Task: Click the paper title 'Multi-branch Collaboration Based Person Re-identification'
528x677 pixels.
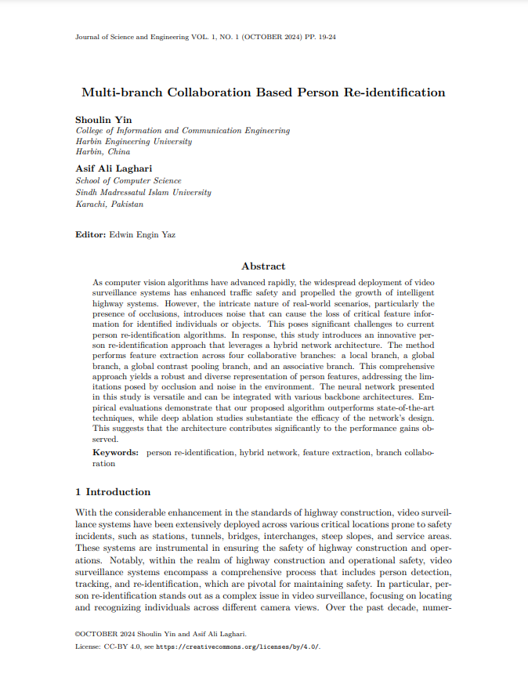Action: coord(263,92)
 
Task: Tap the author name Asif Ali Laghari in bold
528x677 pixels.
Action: coord(114,168)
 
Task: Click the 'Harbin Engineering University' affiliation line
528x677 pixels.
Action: coord(134,142)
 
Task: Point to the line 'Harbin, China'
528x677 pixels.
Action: coord(103,152)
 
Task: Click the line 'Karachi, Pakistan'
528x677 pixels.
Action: coord(110,204)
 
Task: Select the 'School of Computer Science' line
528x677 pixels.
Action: coord(128,181)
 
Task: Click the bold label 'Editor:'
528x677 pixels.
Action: coord(91,234)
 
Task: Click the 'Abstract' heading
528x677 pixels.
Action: coord(263,266)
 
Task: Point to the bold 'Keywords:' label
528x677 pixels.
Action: coord(116,453)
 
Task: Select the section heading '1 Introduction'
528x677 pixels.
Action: coord(113,492)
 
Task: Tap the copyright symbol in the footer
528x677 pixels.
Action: coord(78,634)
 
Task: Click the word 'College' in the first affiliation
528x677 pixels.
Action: coord(90,131)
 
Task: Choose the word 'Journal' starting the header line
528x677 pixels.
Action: coord(89,37)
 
